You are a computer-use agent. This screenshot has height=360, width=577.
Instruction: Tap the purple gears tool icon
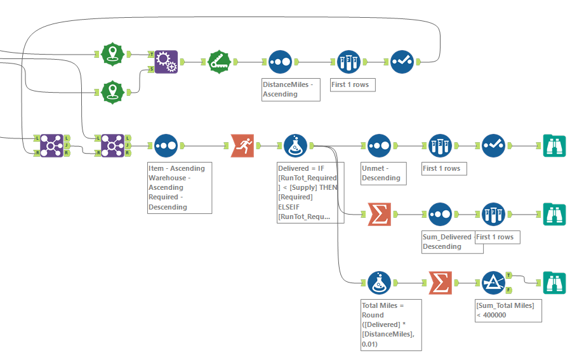(166, 62)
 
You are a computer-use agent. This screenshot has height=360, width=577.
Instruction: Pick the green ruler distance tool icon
(220, 62)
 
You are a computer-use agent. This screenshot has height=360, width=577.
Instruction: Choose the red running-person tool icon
(242, 145)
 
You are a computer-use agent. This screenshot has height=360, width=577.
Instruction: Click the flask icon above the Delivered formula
(295, 145)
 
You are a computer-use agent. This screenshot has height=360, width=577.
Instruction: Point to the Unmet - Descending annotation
(383, 173)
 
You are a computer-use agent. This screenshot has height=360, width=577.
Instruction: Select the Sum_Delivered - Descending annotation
(448, 242)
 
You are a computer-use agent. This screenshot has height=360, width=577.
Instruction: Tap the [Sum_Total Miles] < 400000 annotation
(508, 310)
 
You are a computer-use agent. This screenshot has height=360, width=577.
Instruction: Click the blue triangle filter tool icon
(493, 283)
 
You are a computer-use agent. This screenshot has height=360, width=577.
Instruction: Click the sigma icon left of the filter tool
(440, 283)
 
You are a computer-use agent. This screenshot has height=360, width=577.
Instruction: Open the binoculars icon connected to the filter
(554, 283)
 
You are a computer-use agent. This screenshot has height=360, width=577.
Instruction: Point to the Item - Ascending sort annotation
(180, 187)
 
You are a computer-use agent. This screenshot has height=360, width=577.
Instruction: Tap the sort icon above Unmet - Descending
(379, 145)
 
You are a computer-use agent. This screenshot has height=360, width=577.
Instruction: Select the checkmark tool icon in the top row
(402, 62)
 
